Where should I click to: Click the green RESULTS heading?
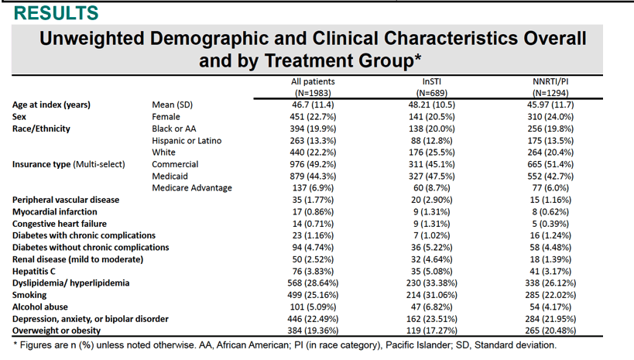(x=57, y=13)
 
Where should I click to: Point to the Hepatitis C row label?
(x=34, y=272)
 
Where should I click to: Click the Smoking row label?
(x=29, y=295)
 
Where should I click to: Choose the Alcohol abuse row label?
(x=40, y=307)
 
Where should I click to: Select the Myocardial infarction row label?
(x=55, y=212)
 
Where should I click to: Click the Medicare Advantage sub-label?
(x=192, y=188)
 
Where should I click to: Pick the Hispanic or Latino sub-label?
(x=187, y=141)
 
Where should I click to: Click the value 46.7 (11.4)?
(x=313, y=105)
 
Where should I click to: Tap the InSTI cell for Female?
(x=431, y=117)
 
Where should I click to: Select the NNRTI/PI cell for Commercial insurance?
(x=550, y=164)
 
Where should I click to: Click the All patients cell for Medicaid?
(x=313, y=177)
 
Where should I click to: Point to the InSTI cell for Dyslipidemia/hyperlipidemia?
(x=431, y=283)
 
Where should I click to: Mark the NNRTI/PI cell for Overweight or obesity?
(x=550, y=331)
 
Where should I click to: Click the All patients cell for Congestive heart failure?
(x=313, y=224)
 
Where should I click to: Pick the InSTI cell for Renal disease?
(x=431, y=259)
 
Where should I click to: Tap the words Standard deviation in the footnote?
(x=515, y=345)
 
